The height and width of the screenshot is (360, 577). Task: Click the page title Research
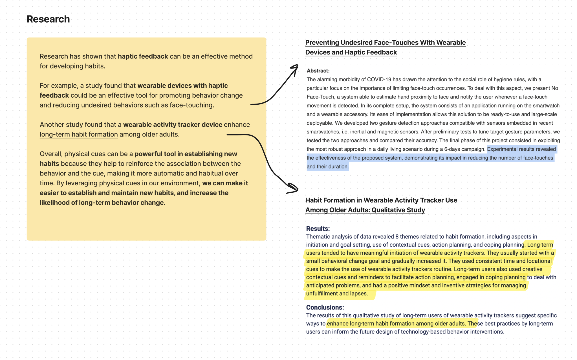click(48, 19)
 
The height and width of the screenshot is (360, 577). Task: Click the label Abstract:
click(318, 71)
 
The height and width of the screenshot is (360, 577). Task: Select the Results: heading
click(318, 229)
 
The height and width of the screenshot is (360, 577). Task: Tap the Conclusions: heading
click(325, 307)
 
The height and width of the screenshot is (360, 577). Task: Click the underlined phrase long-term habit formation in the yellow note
click(79, 134)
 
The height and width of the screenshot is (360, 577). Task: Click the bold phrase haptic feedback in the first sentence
click(143, 56)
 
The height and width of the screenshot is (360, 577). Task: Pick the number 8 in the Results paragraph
click(397, 237)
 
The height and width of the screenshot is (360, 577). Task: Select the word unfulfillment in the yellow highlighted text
click(322, 294)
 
